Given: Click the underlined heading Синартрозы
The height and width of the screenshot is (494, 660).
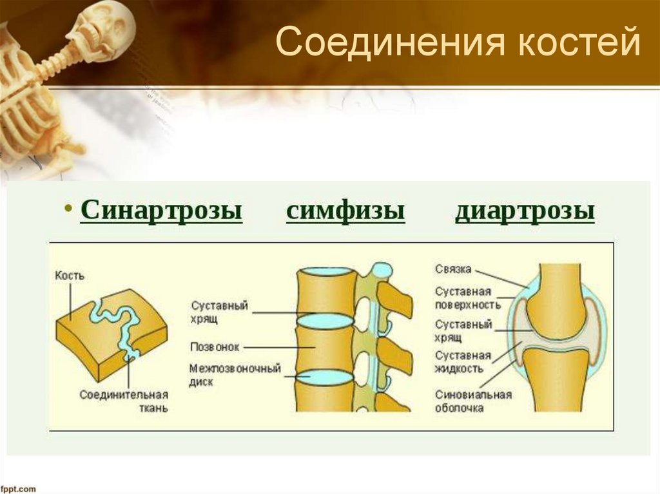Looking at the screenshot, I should point(161,211).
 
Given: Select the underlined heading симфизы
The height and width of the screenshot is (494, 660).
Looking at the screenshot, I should point(345,211).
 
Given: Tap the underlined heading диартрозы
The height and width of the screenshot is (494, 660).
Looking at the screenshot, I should point(525,211).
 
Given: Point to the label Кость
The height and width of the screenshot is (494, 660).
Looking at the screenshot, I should point(70,276).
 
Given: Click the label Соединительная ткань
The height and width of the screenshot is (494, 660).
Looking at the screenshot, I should point(124,401).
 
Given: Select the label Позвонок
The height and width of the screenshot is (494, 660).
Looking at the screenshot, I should point(215,347).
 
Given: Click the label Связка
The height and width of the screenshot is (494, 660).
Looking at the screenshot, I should point(452,268).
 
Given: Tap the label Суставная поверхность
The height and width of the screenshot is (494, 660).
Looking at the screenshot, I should point(463,297).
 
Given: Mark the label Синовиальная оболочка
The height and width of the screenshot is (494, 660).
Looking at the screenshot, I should point(472,401).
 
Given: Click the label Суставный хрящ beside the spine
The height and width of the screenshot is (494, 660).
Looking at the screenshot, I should point(219,312).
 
